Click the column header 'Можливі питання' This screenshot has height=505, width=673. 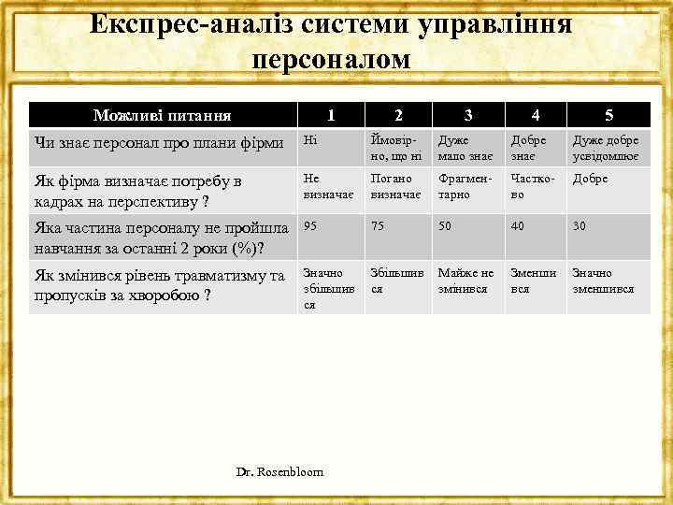point(163,116)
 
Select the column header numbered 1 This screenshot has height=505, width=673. point(329,116)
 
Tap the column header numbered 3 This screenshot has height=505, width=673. point(467,116)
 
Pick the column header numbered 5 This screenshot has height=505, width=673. point(609,116)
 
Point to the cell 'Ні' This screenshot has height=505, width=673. point(310,140)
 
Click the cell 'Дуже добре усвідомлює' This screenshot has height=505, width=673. point(606,148)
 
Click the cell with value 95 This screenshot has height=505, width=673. point(310,226)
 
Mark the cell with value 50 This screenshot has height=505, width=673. point(446,226)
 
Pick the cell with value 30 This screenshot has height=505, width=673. point(580,226)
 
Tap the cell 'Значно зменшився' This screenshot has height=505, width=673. point(604,281)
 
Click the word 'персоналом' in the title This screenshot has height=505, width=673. point(332,59)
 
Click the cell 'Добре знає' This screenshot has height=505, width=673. point(529,148)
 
